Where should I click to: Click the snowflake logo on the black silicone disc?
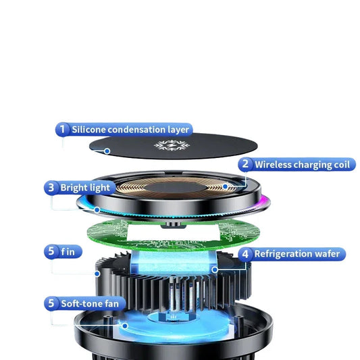point(172,145)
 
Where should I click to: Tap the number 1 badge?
point(62,129)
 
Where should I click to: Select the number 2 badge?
point(245,164)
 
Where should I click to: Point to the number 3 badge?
point(51,188)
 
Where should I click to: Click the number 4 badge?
point(245,254)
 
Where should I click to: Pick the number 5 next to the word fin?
point(51,251)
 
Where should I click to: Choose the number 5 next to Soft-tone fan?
point(51,303)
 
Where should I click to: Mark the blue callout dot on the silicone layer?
point(107,151)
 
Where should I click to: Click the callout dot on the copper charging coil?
point(225,186)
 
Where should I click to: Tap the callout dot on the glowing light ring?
point(97,209)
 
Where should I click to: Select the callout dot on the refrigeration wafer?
point(215,269)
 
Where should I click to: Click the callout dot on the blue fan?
point(125,326)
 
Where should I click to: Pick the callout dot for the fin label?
point(97,274)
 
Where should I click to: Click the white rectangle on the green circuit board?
point(174,232)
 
